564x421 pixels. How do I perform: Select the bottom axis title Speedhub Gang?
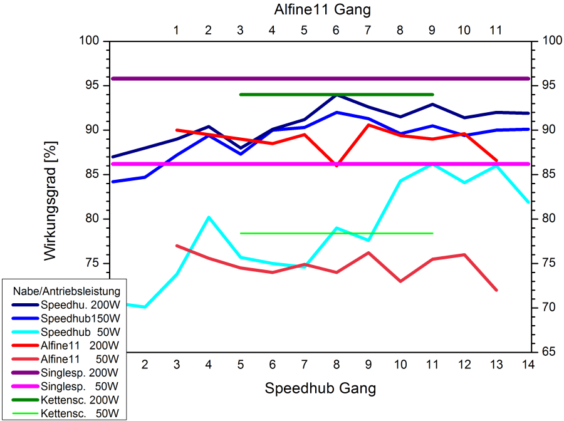point(320,388)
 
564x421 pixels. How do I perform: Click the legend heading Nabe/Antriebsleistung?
point(66,291)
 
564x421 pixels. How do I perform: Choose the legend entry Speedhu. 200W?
point(80,305)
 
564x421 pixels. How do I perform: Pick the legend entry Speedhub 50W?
point(80,332)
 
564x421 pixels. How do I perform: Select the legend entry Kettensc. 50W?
point(80,413)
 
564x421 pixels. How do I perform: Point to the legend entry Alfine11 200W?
point(80,346)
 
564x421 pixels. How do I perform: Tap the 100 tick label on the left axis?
point(91,41)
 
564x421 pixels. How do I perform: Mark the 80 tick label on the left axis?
point(93,219)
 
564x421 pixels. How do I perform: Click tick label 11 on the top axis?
point(496,29)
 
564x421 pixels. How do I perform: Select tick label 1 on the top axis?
point(176,29)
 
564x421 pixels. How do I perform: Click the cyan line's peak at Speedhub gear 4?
point(209,217)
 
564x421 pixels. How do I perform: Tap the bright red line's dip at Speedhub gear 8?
point(337,165)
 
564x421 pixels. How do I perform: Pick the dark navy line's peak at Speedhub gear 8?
point(337,95)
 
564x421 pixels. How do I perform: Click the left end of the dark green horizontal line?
point(241,95)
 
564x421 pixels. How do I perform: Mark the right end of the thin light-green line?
point(432,233)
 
